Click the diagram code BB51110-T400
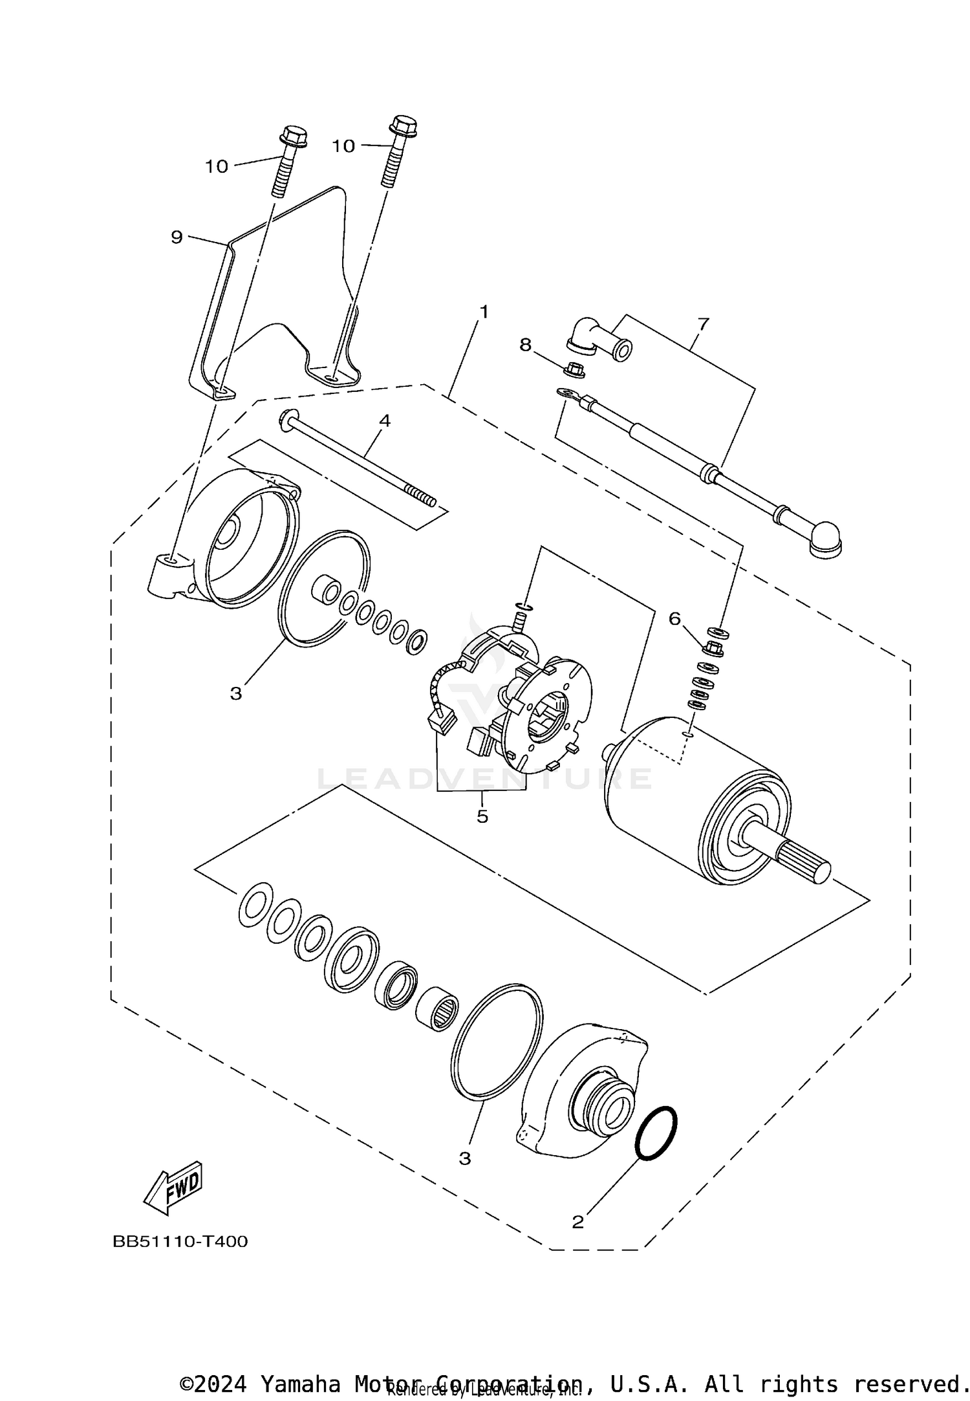(180, 1242)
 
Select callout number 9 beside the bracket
(177, 237)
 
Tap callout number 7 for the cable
(703, 323)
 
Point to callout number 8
(525, 345)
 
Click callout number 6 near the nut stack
(674, 619)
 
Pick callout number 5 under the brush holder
(482, 816)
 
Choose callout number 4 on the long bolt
(385, 420)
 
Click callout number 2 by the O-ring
(577, 1222)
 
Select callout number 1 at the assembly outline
(483, 312)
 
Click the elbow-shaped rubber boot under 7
(594, 338)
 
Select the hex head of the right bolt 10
(404, 124)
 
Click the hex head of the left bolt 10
(293, 136)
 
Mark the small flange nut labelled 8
(571, 371)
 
